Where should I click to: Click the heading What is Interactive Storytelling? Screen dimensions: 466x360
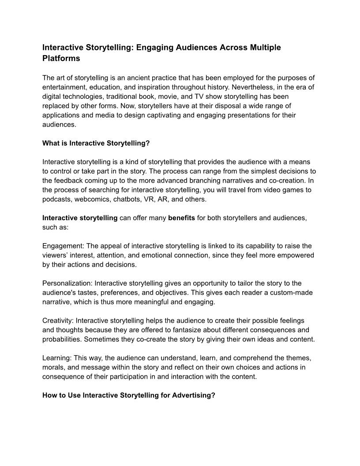[x=93, y=143]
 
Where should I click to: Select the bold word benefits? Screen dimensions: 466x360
[x=181, y=218]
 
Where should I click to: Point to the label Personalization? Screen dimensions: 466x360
[x=67, y=283]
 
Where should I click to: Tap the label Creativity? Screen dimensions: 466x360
[x=57, y=320]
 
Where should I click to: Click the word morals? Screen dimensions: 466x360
[x=54, y=367]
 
